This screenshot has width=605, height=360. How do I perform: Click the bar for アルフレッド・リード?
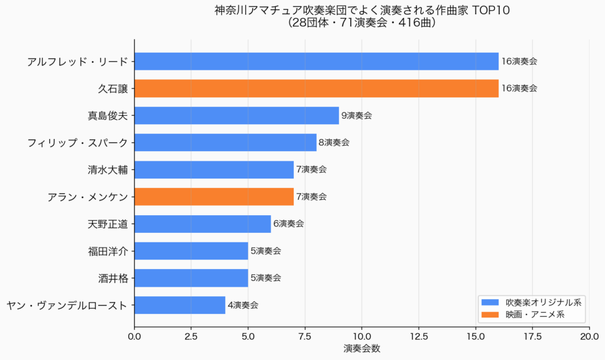coord(316,61)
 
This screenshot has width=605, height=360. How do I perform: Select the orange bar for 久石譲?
coord(316,88)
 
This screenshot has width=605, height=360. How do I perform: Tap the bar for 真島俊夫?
coord(236,115)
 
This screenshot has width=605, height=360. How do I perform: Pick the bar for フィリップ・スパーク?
coord(225,142)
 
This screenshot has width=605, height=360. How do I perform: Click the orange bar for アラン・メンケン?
coord(214,197)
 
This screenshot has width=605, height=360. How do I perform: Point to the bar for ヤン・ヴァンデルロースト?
coord(180,305)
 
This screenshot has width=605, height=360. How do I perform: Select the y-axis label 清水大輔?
coord(107,170)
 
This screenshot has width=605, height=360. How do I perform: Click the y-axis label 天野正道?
coord(107,224)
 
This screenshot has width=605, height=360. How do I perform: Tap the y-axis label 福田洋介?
coord(107,251)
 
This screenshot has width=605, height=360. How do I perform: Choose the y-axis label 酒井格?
coord(113,278)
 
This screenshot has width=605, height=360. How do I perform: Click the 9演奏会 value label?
coord(356,116)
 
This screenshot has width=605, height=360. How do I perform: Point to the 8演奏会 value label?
coord(334,142)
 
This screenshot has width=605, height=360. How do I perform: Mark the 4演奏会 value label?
coord(243,306)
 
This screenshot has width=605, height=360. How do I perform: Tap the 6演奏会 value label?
coord(288,224)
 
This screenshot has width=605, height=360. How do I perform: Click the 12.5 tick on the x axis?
coord(419,336)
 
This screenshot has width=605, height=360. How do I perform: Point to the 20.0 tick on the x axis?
coord(589,336)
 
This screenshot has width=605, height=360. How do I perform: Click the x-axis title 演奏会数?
coord(362,349)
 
